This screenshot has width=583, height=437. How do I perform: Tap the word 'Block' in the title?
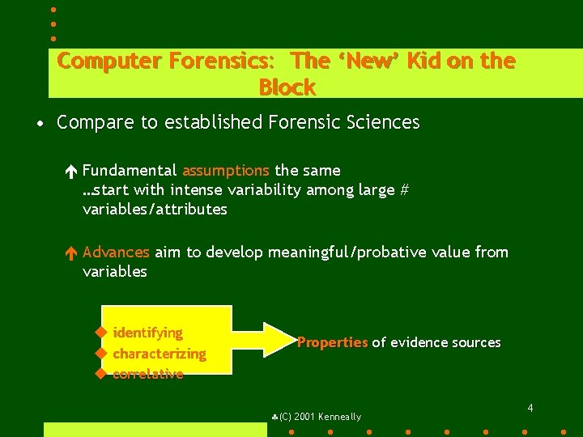coord(287,87)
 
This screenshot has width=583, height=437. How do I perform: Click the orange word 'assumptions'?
coord(226,171)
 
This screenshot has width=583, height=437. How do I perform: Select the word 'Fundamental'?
coord(130,171)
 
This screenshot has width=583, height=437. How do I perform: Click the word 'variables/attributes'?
coord(155,210)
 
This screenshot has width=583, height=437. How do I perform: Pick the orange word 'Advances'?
coord(116,252)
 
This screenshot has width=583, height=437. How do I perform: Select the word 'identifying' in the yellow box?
coord(148,333)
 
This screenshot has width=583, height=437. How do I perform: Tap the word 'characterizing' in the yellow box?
coord(160,354)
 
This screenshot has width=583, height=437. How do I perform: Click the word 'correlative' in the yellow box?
coord(148,374)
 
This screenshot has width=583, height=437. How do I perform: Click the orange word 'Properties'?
coord(332,342)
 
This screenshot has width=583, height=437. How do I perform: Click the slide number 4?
coord(530,408)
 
